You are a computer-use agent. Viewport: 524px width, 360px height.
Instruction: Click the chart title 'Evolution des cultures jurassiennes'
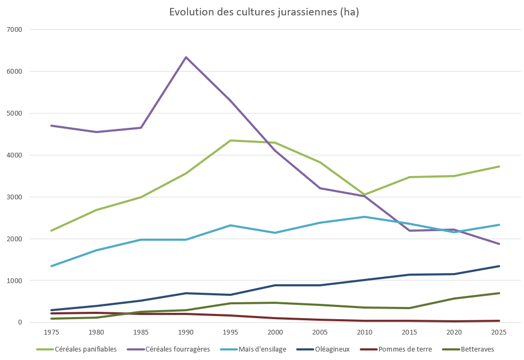[264, 12]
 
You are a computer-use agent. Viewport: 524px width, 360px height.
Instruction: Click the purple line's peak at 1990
[186, 57]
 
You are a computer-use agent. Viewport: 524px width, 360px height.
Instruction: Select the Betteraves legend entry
[477, 349]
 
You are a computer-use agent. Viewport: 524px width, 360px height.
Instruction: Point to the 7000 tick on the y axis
[14, 29]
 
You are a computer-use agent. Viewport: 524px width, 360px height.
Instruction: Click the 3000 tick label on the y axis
[14, 197]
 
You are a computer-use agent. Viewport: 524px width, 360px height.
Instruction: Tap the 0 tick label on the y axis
[20, 322]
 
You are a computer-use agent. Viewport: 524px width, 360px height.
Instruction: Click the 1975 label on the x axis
[51, 332]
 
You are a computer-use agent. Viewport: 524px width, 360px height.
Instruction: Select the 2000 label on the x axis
[275, 332]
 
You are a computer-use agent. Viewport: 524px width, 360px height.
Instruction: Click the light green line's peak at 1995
[230, 141]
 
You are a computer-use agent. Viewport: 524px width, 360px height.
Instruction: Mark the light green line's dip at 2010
[365, 195]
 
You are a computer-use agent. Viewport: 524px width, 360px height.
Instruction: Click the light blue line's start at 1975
[51, 266]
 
